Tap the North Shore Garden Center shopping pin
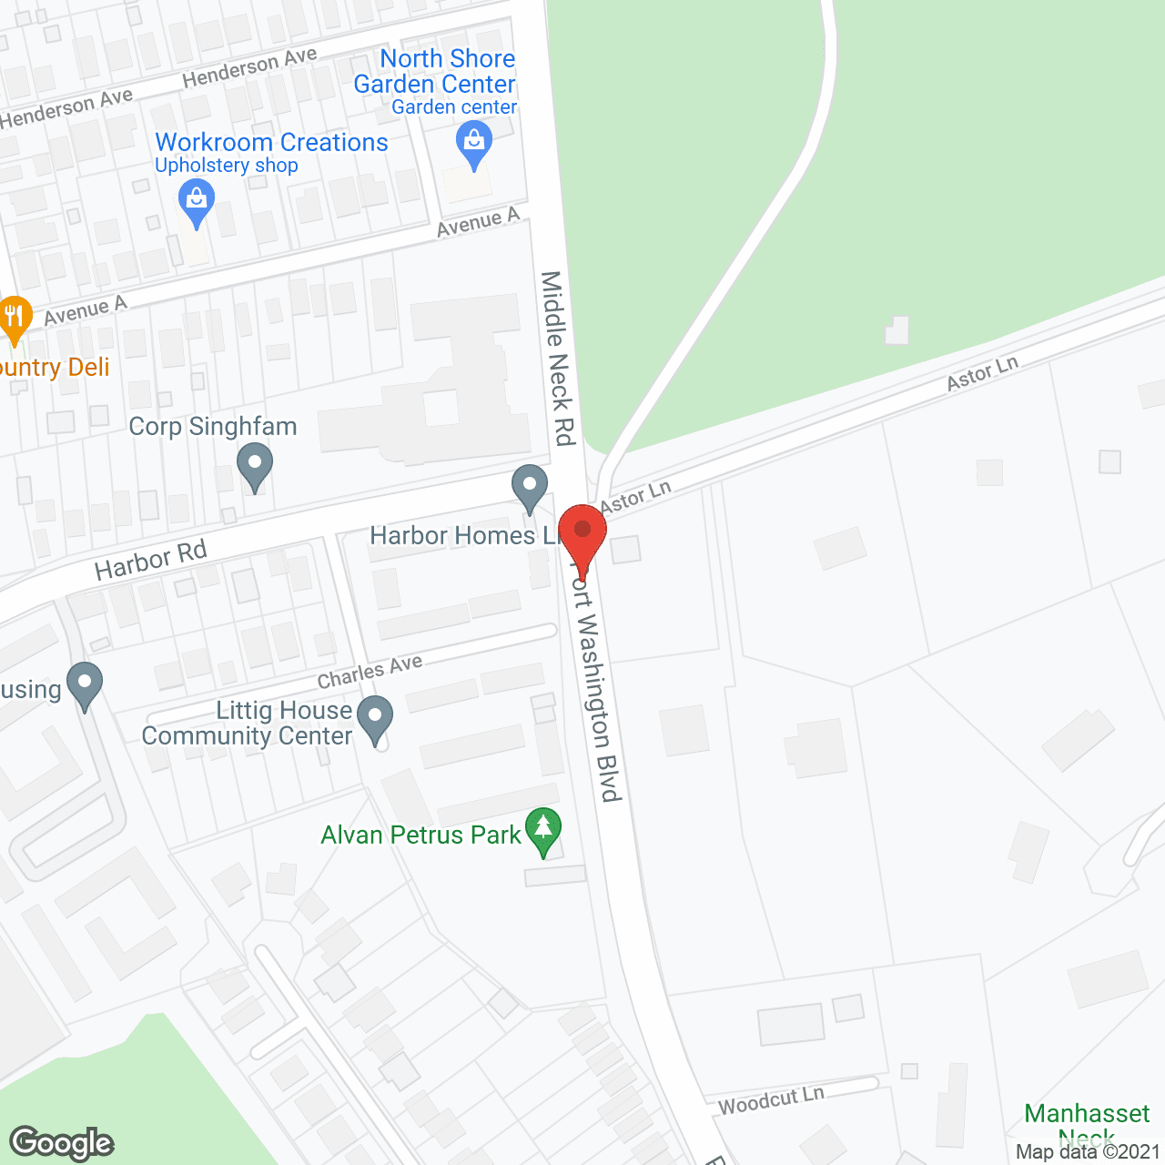click(473, 144)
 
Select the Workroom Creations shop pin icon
click(196, 201)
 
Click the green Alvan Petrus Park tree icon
click(543, 830)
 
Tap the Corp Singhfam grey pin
click(255, 464)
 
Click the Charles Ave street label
click(370, 672)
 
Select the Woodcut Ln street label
click(771, 1099)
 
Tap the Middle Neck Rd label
click(559, 358)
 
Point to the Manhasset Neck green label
click(1087, 1123)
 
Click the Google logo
click(62, 1143)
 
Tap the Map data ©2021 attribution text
click(1088, 1151)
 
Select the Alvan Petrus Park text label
click(420, 835)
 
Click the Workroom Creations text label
click(271, 142)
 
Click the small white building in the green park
click(897, 330)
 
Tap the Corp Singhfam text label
click(213, 426)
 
